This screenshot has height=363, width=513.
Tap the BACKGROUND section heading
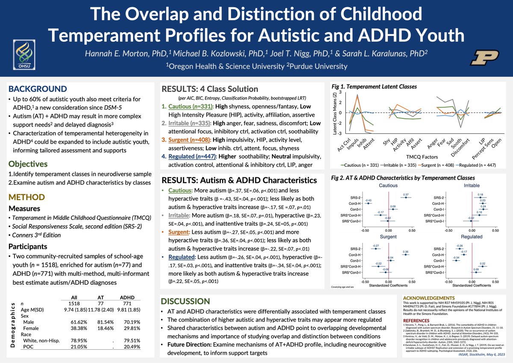click(38, 89)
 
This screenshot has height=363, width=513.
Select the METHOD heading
click(27, 197)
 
